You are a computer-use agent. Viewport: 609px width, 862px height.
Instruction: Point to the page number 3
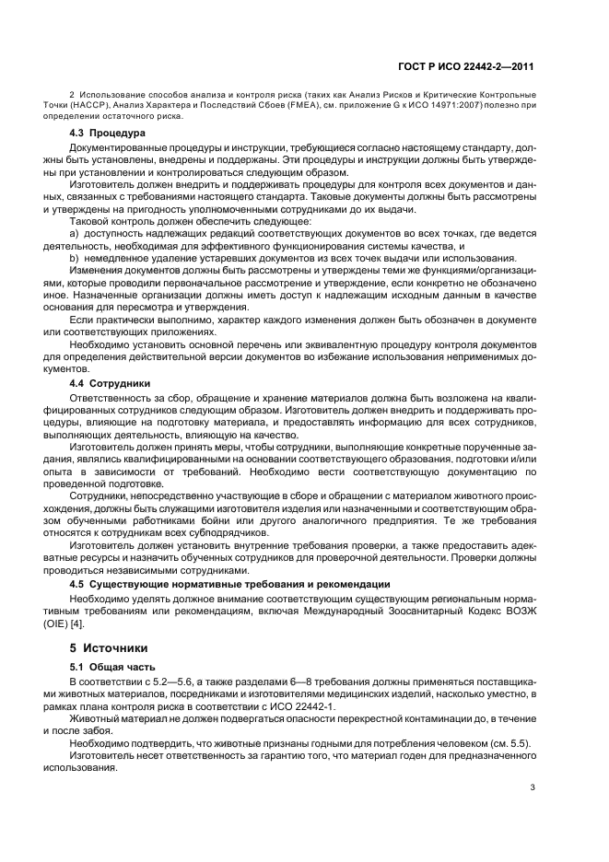click(533, 786)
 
